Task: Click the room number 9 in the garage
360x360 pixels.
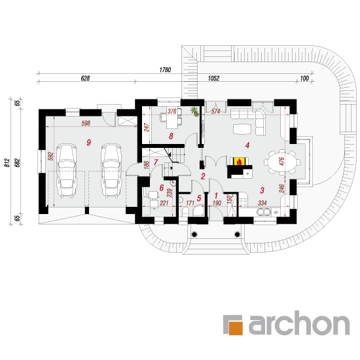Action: (x=88, y=142)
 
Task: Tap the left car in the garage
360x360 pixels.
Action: (x=67, y=170)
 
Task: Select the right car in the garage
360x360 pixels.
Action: (x=111, y=170)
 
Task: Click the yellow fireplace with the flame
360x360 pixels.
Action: (x=239, y=162)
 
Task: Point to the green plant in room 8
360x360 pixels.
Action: (x=194, y=111)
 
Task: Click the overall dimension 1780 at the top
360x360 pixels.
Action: (x=165, y=69)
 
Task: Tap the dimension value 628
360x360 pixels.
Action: (x=85, y=79)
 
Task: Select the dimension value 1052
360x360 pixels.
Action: (x=213, y=79)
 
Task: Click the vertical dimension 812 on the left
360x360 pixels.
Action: (x=7, y=162)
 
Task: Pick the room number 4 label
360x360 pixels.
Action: (x=247, y=145)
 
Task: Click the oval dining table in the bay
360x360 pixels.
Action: (x=282, y=162)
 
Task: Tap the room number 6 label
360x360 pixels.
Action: (x=162, y=188)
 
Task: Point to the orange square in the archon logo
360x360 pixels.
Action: (x=236, y=328)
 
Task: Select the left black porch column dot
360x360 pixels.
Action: (x=194, y=234)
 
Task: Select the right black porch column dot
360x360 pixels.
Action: (x=238, y=234)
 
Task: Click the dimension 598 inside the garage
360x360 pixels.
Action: (x=86, y=123)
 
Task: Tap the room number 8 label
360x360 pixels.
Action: (x=171, y=136)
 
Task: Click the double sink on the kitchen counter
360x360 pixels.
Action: (x=264, y=212)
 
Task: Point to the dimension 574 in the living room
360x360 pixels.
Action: (x=215, y=111)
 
